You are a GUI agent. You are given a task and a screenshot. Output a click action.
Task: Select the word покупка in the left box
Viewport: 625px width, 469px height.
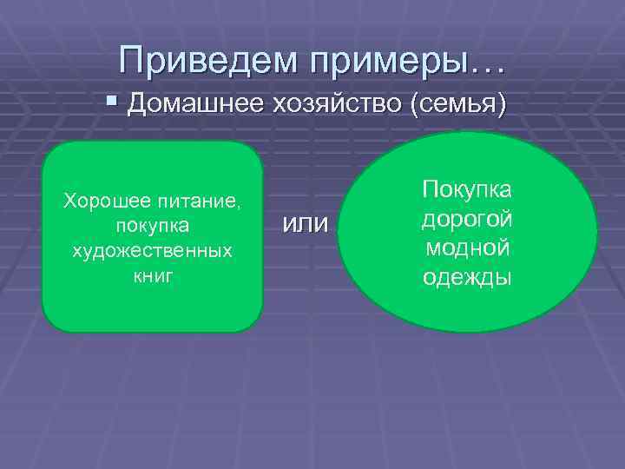[x=152, y=226]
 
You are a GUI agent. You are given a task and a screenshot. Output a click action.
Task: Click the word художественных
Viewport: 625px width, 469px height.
[x=152, y=250]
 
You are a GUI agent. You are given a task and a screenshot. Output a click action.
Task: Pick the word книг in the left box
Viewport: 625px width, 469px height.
[x=152, y=274]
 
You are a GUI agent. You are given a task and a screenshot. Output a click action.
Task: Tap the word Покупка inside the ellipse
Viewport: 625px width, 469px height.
[x=467, y=188]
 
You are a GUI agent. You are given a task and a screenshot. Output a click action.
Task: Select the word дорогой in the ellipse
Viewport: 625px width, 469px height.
[x=467, y=218]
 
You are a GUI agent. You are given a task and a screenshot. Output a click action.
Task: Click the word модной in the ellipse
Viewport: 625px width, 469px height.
[x=467, y=248]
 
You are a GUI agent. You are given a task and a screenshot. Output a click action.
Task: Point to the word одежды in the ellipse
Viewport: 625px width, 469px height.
[x=467, y=277]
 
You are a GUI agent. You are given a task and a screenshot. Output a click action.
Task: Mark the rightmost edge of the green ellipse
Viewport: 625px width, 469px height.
[x=597, y=232]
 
